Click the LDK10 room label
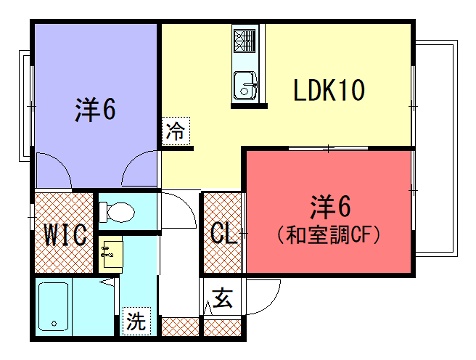pyautogui.click(x=329, y=90)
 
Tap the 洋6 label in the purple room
pyautogui.click(x=95, y=109)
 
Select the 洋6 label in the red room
pyautogui.click(x=330, y=207)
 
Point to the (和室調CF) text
pyautogui.click(x=328, y=234)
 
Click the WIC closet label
pyautogui.click(x=66, y=235)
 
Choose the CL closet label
pyautogui.click(x=223, y=233)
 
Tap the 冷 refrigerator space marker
pyautogui.click(x=176, y=131)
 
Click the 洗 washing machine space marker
pyautogui.click(x=136, y=321)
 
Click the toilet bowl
pyautogui.click(x=117, y=212)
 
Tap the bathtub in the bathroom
pyautogui.click(x=53, y=307)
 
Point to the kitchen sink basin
pyautogui.click(x=246, y=85)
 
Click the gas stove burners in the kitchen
pyautogui.click(x=245, y=41)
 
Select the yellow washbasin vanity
pyautogui.click(x=111, y=254)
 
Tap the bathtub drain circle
pyautogui.click(x=54, y=323)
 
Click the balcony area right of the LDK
pyautogui.click(x=437, y=148)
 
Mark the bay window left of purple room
pyautogui.click(x=25, y=106)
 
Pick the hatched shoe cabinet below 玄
pyautogui.click(x=222, y=328)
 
